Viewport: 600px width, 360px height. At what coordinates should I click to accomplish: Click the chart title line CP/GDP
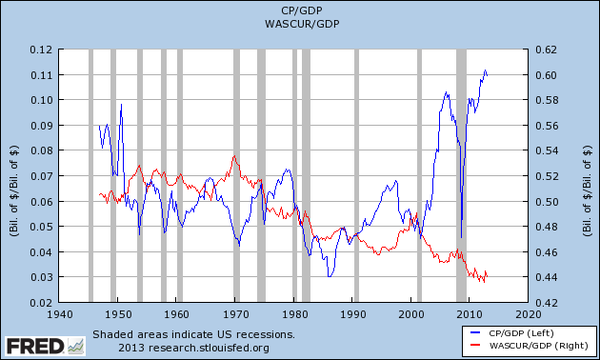(299, 11)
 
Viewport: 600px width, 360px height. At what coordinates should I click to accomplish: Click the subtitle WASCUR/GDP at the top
(299, 25)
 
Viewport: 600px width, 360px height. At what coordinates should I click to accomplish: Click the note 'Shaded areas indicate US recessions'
(193, 334)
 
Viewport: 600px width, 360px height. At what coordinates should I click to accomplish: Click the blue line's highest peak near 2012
(485, 71)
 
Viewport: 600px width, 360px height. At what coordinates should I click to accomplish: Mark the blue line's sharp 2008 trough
(461, 237)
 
